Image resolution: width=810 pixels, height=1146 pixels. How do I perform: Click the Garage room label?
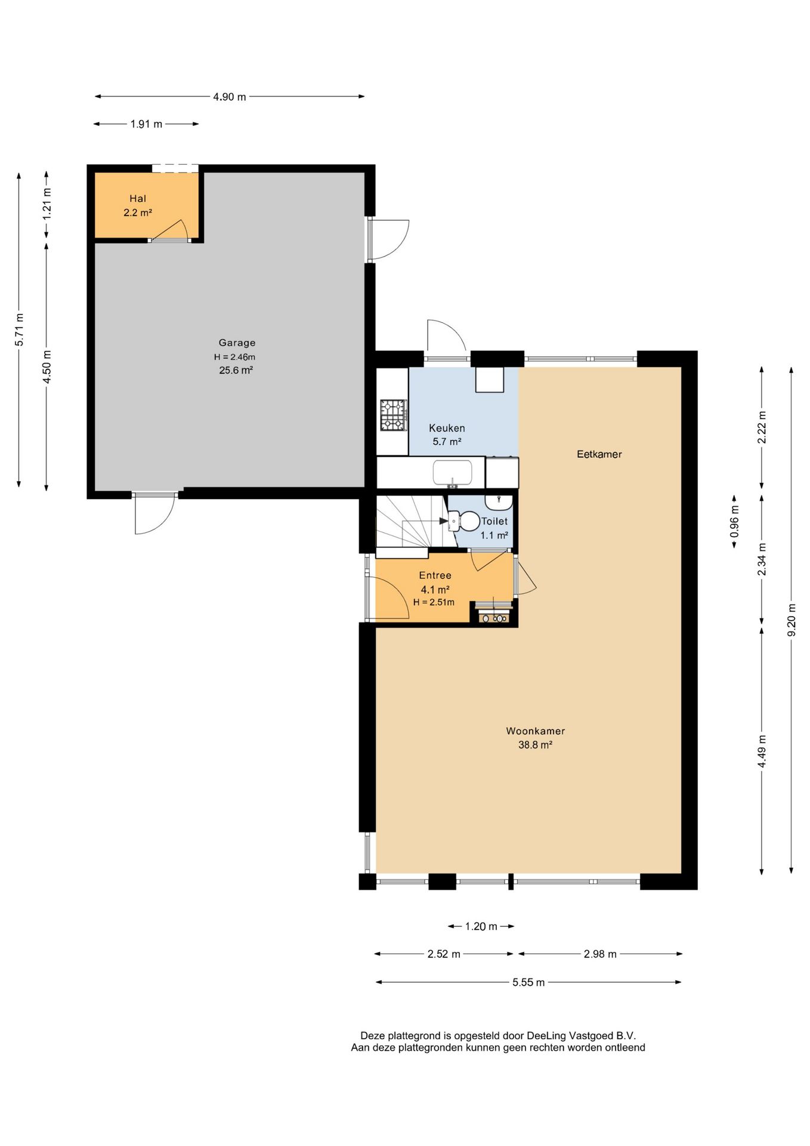tap(237, 343)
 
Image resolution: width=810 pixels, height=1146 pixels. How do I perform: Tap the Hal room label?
tap(138, 199)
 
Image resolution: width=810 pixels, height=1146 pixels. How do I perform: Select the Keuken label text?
tap(447, 428)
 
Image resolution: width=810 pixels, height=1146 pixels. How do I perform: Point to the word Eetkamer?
tap(599, 454)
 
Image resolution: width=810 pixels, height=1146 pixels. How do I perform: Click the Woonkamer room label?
tap(535, 731)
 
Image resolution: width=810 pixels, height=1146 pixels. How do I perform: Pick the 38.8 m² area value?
tap(535, 745)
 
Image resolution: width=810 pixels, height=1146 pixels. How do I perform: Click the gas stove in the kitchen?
tap(394, 415)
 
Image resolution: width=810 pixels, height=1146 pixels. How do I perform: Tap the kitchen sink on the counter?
tap(453, 473)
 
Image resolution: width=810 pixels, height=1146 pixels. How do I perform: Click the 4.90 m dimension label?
tap(230, 97)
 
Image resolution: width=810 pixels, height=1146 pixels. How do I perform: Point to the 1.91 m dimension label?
tap(146, 124)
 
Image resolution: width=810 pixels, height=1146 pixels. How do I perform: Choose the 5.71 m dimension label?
tap(20, 329)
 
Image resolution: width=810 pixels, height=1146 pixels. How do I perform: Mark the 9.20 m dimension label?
tap(792, 620)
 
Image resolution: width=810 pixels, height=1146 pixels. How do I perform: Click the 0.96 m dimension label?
tap(734, 522)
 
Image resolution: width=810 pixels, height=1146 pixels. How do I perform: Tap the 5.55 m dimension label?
tap(528, 982)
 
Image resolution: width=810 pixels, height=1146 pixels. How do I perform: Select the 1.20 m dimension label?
tap(481, 926)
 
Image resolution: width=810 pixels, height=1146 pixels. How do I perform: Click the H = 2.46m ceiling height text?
tap(235, 357)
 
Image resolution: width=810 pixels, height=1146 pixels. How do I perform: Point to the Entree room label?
tap(435, 575)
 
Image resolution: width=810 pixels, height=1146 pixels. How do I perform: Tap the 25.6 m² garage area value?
tap(236, 370)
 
